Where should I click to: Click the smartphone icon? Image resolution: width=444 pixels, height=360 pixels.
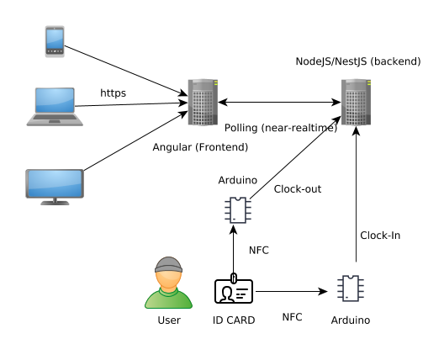tap(55, 42)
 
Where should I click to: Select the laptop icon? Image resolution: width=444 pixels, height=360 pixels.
tap(55, 106)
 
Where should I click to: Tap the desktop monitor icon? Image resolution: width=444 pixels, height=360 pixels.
tap(55, 186)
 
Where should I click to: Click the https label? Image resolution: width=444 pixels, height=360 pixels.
tap(113, 93)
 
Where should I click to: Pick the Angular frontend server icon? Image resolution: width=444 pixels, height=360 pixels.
tap(203, 102)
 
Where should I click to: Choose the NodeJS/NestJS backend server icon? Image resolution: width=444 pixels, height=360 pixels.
tap(356, 102)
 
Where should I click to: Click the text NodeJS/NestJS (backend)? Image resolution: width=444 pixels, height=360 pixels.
tap(357, 61)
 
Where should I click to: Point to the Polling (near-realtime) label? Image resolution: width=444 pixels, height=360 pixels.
tap(281, 128)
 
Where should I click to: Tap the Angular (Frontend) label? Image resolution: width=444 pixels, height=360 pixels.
tap(200, 147)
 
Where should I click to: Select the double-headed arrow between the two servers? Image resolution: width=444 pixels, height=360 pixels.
tap(279, 103)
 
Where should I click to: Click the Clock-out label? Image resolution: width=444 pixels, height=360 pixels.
tap(298, 189)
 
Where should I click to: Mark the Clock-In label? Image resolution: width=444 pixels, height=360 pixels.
tap(379, 236)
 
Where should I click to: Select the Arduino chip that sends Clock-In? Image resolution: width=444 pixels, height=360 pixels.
tap(351, 289)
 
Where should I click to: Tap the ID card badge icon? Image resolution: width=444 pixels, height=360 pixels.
tap(234, 291)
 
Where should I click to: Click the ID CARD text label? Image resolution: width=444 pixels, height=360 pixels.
tap(234, 320)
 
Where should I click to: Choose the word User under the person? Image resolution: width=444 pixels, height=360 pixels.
tap(169, 320)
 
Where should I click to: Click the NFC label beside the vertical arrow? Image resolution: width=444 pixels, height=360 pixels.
tap(259, 250)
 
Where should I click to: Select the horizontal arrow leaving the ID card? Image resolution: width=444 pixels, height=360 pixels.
tap(290, 292)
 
